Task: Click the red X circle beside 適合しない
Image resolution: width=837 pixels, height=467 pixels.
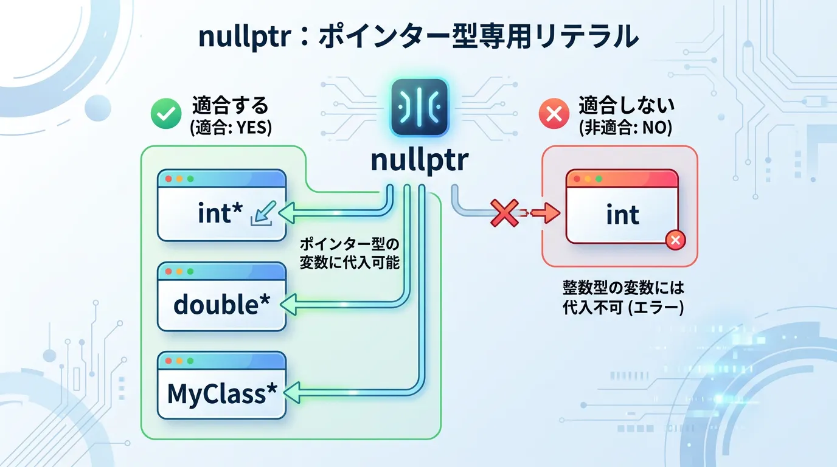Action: (x=554, y=114)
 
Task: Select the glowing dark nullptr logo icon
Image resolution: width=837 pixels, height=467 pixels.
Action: (x=418, y=108)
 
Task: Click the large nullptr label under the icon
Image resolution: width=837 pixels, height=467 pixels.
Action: (x=419, y=161)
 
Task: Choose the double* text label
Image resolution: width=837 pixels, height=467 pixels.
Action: (x=221, y=304)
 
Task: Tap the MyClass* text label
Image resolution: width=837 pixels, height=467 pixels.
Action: (x=217, y=394)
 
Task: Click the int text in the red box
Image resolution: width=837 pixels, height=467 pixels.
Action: (x=622, y=215)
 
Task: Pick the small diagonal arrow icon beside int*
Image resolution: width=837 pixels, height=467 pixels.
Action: (x=262, y=214)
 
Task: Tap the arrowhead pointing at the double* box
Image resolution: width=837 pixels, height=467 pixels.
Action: (x=290, y=303)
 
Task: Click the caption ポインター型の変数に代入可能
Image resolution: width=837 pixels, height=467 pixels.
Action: (x=349, y=254)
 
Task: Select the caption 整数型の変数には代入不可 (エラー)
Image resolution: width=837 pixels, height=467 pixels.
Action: (x=623, y=297)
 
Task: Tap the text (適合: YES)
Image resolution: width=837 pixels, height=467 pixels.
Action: (x=231, y=129)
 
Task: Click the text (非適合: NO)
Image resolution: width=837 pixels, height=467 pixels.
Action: (x=625, y=129)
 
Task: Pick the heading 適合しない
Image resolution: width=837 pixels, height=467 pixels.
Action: (x=626, y=106)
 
